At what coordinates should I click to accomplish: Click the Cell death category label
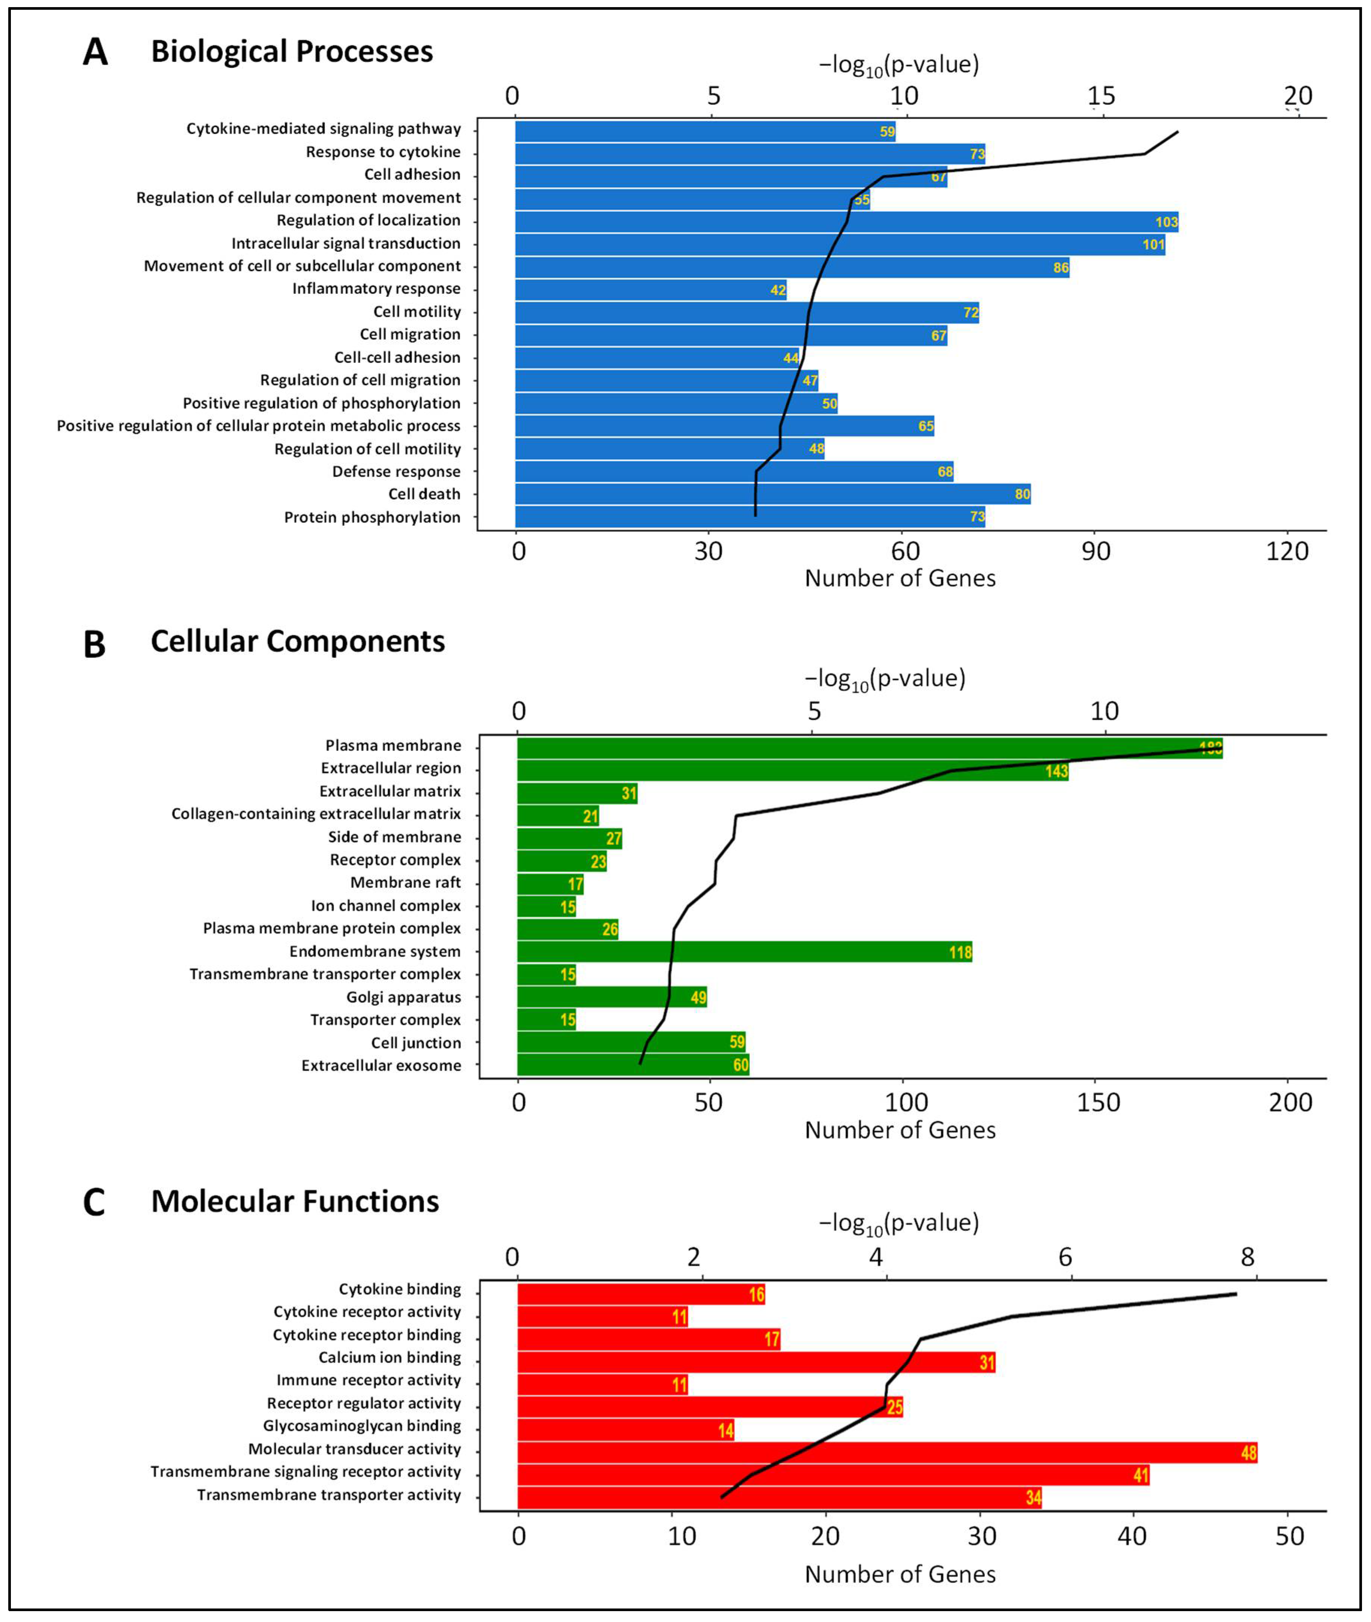pyautogui.click(x=424, y=494)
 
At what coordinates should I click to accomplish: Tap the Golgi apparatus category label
pyautogui.click(x=403, y=997)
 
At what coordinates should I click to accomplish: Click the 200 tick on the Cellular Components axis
pyautogui.click(x=1290, y=1102)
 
